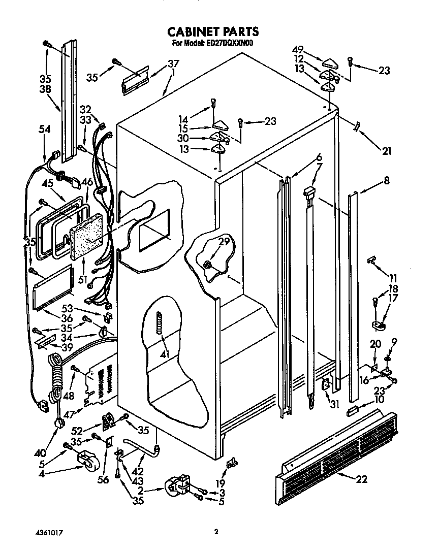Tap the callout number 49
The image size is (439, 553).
coord(298,49)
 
